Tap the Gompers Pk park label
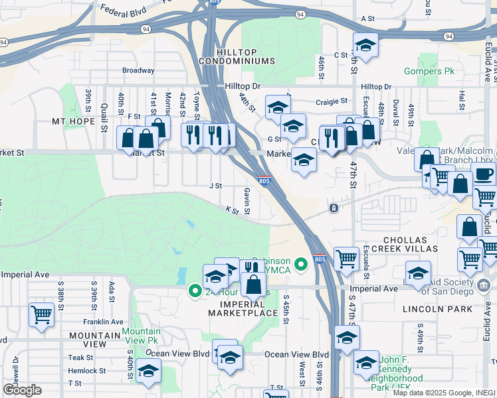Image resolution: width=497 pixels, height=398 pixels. point(430,71)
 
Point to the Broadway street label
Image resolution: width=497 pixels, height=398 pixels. point(138,70)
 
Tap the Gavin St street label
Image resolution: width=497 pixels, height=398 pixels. point(247,200)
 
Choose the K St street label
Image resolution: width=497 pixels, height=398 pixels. point(232,210)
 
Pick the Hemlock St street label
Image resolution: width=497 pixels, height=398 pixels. point(87,371)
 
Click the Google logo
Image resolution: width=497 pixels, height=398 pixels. point(22,389)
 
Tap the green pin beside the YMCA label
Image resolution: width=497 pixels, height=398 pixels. point(301,265)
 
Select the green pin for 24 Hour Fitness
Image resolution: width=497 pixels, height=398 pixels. point(195,291)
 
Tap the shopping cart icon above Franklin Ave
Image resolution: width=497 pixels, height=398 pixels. point(41,313)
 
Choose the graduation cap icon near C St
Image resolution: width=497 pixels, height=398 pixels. point(365,45)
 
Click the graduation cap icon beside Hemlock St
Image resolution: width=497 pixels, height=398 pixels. point(148,371)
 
